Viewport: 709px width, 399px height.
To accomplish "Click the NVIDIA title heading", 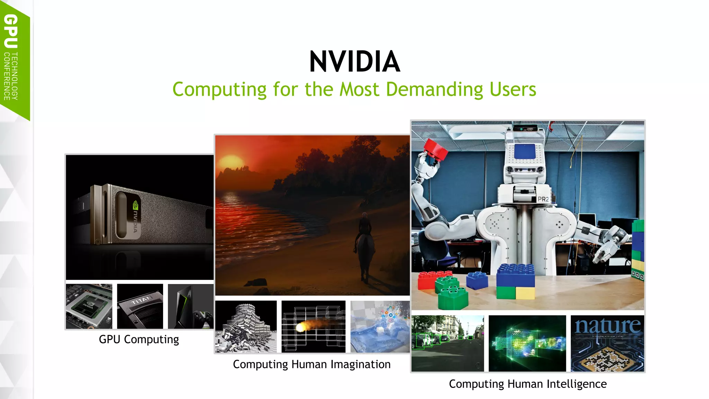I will coord(354,62).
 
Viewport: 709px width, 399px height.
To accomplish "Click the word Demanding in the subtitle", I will coord(434,89).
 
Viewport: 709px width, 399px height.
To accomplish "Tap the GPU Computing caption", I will coord(139,339).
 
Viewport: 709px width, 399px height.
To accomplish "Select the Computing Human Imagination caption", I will coord(312,364).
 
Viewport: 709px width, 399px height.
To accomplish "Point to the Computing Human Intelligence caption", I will coord(528,384).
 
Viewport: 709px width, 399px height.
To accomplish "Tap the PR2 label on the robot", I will coord(543,199).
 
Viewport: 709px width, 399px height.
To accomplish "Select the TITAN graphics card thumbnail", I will coord(140,306).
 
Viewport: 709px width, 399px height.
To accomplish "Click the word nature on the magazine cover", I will coord(608,326).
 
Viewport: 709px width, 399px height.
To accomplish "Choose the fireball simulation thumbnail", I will coord(313,326).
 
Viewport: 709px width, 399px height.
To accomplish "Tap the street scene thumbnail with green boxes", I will coord(448,343).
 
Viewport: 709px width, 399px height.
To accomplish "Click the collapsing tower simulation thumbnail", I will coord(246,326).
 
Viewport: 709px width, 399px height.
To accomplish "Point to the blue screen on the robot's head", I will coord(525,152).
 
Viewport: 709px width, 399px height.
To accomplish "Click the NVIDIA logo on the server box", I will coord(136,216).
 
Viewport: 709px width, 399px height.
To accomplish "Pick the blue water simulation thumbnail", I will coord(380,326).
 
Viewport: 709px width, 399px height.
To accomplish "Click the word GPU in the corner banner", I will coord(11,31).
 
